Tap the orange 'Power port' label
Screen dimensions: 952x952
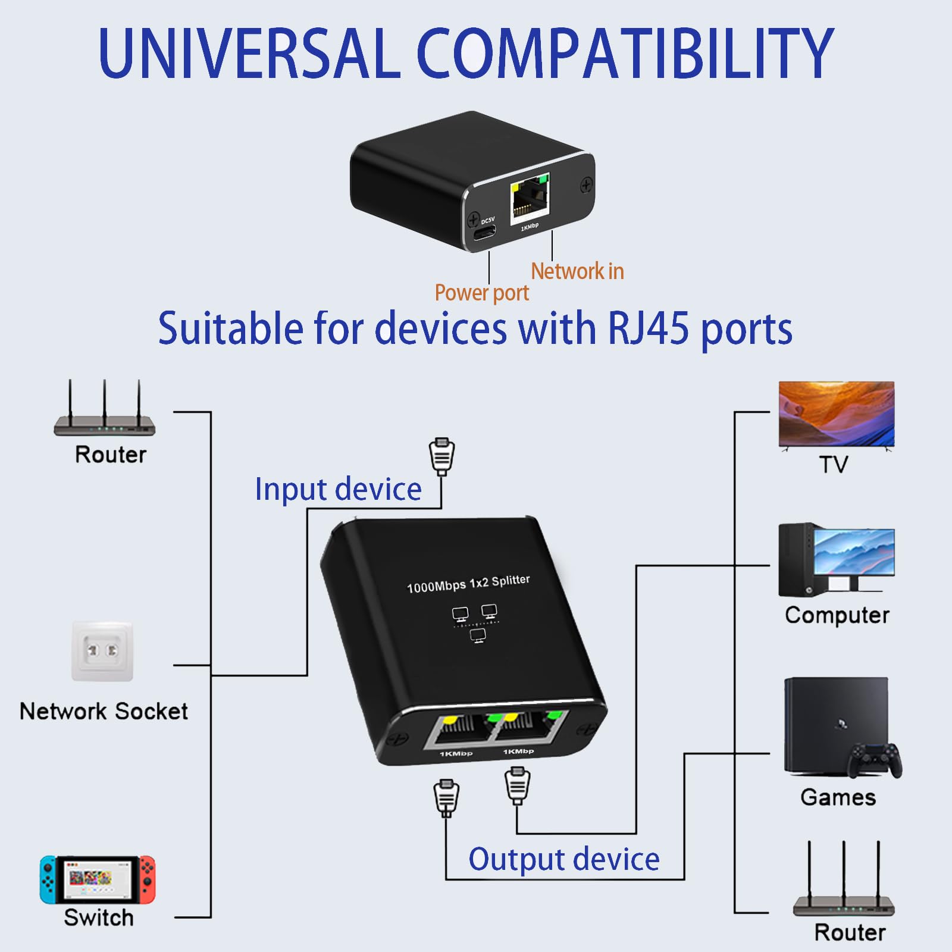(481, 293)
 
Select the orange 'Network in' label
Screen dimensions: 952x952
(577, 271)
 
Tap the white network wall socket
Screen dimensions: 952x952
(102, 651)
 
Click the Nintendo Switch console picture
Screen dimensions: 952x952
(98, 879)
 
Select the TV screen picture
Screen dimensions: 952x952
(836, 413)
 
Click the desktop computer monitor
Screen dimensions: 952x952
(853, 553)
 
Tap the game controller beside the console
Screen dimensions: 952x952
(875, 760)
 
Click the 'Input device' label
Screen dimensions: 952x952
(338, 489)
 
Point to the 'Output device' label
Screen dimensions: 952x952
(564, 859)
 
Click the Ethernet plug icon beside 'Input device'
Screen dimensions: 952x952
(441, 456)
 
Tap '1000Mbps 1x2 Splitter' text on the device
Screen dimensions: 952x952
(468, 584)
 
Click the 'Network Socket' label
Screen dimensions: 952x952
(104, 711)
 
